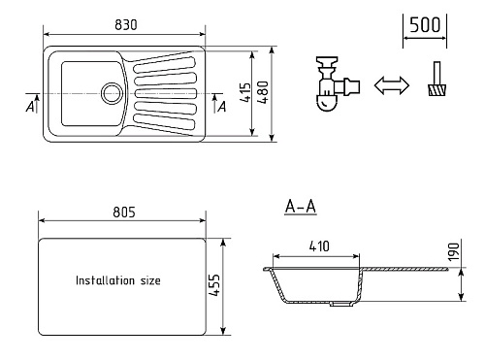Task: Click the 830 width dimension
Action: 126,25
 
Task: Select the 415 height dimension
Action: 245,93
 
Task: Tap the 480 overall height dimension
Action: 264,92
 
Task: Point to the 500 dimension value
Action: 425,25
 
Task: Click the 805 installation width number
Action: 124,213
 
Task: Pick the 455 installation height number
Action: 214,285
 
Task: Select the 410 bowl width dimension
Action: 319,246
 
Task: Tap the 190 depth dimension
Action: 454,252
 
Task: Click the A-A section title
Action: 301,207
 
